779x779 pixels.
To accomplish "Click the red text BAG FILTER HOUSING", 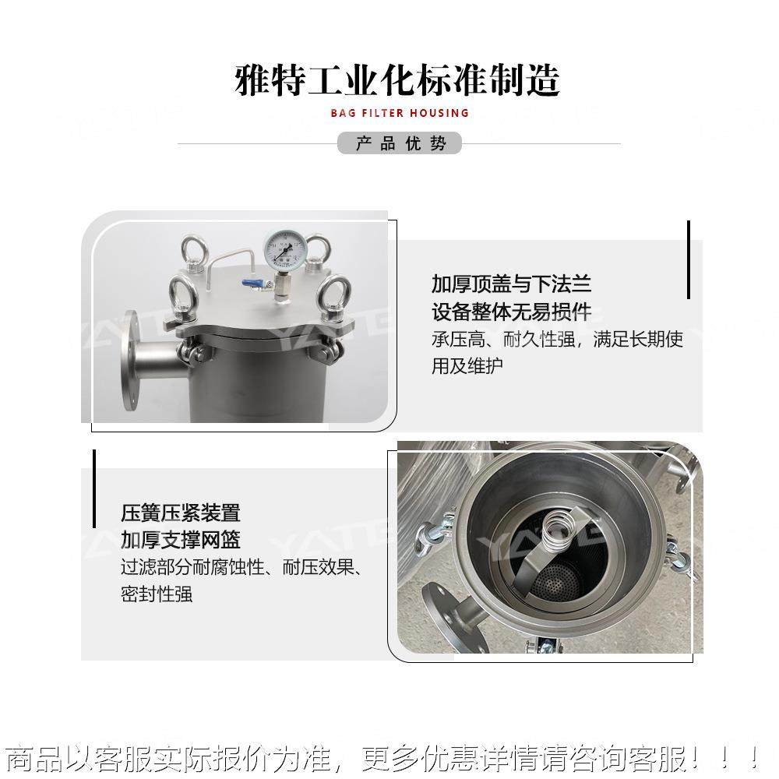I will (x=400, y=113).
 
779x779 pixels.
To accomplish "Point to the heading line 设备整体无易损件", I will (x=512, y=312).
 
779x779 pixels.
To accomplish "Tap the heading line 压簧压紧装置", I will (x=181, y=513).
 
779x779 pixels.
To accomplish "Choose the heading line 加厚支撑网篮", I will (x=181, y=539).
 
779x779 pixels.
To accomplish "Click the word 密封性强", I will (x=157, y=594).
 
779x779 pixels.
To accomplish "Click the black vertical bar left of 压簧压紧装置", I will (x=94, y=488).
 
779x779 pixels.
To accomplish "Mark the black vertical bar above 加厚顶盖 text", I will (x=689, y=259).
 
